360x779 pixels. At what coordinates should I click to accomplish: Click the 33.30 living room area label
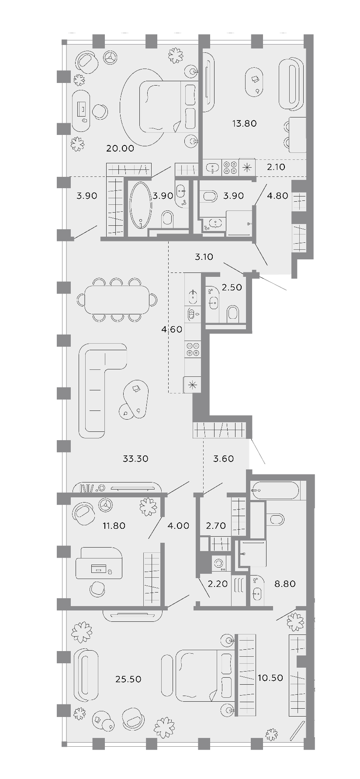click(135, 458)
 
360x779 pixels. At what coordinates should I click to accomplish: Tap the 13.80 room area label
click(244, 124)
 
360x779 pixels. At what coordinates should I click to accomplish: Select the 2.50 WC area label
click(232, 287)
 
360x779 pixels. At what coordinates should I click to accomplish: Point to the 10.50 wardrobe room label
click(270, 678)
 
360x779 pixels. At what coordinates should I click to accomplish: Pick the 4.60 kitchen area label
click(171, 330)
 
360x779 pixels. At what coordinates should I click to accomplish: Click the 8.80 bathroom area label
click(285, 583)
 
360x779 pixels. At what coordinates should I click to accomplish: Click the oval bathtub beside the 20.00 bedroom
click(141, 205)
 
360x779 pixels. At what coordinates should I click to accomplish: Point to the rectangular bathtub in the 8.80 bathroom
click(275, 490)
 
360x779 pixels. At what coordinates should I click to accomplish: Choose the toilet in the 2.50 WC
click(233, 314)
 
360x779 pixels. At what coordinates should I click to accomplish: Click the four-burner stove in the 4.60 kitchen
click(193, 349)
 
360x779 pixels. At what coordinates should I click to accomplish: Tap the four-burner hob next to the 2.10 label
click(230, 167)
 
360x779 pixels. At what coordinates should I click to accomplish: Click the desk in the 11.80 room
click(99, 563)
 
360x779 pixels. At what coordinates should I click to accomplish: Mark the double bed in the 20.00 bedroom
click(168, 107)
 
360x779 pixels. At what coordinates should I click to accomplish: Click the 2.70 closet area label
click(216, 525)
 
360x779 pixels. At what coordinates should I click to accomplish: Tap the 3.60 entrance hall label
click(223, 458)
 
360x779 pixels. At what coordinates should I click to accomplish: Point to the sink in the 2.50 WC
click(214, 302)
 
